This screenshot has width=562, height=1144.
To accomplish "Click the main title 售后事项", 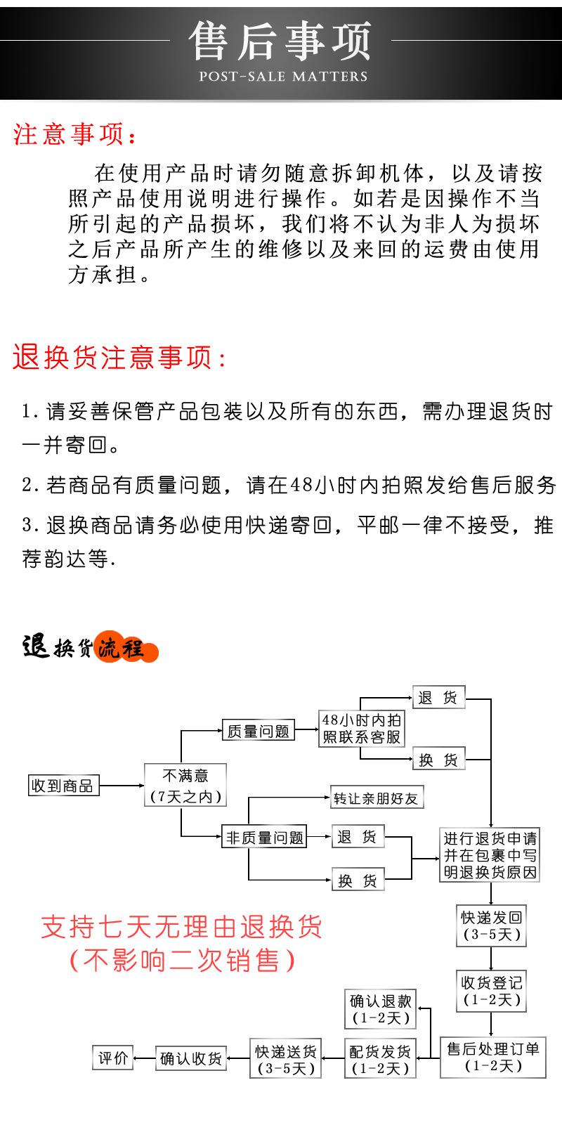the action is coord(281,41).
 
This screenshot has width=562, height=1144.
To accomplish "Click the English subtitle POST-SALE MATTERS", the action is coord(283,76).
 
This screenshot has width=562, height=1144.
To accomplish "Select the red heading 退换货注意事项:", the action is coord(120,357).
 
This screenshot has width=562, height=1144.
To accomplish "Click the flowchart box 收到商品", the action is coord(63,785).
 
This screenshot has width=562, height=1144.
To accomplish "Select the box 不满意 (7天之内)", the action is coord(185,785).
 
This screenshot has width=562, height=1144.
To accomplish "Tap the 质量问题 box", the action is coord(258,731).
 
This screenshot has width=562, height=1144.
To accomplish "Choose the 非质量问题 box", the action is coord(264,837).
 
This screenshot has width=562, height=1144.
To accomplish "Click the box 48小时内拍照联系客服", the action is coord(362,728).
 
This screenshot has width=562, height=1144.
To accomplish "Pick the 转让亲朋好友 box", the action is coord(377,798).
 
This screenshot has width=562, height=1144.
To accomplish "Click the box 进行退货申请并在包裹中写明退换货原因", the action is coord(490,855).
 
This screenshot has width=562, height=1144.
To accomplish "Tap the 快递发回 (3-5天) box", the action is coord(491,925).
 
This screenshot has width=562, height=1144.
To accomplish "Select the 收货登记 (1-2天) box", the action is coord(491,990).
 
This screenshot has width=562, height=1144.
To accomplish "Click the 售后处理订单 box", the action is coord(492,1057).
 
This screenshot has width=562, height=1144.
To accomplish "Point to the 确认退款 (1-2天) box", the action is coord(380,1009).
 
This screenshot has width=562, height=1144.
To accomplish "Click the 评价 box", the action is coord(113,1058).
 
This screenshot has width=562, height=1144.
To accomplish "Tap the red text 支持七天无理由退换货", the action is coord(181,926).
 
